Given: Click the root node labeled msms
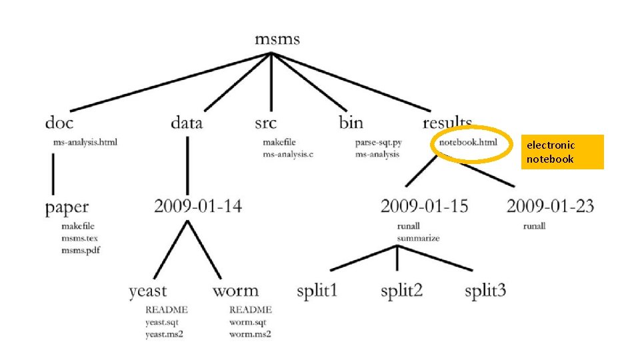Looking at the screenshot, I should coord(277,39).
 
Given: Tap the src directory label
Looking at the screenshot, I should coord(265,123).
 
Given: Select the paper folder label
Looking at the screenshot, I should coord(67,207).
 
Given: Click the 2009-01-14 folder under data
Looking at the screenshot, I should coord(198,205).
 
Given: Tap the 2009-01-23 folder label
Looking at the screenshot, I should coord(550,205).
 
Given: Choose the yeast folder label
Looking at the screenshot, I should coord(148,291).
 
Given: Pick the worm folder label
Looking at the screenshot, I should coord(235,291).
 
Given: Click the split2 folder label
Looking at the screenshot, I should coord(401,291).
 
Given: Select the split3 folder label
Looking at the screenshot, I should coord(485,291).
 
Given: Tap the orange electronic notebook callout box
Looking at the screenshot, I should coord(562,152).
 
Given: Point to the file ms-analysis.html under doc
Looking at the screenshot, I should coord(85,142).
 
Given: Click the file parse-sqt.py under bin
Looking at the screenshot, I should coord(378,142).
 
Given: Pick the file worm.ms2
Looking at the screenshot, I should coord(250,334).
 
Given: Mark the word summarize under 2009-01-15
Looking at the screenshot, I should coord(418,238).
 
